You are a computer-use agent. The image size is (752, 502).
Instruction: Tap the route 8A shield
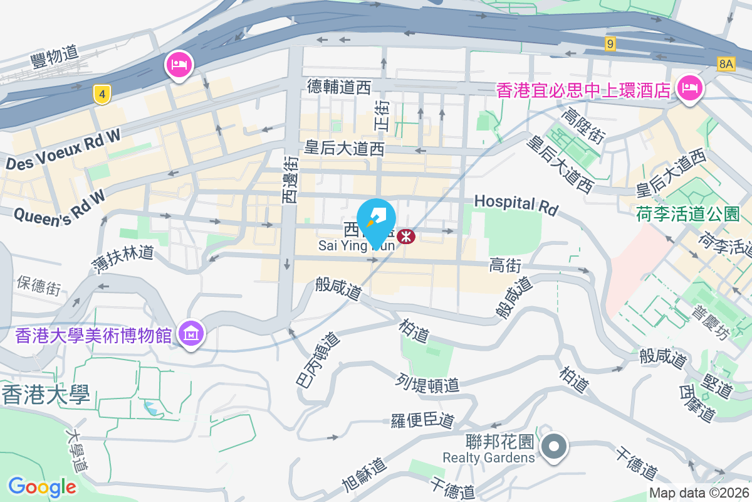(x=726, y=63)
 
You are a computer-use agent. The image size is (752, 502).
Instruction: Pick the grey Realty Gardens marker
(x=554, y=447)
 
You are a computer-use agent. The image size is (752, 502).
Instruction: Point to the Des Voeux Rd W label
(x=63, y=153)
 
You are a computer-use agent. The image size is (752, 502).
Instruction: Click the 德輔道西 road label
(x=339, y=87)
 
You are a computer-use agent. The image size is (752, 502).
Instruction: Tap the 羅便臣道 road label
(x=422, y=420)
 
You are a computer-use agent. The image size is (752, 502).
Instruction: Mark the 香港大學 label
(x=46, y=395)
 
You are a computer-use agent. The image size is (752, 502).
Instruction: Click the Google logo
(x=42, y=486)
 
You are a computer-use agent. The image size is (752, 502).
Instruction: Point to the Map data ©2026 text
(x=699, y=493)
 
